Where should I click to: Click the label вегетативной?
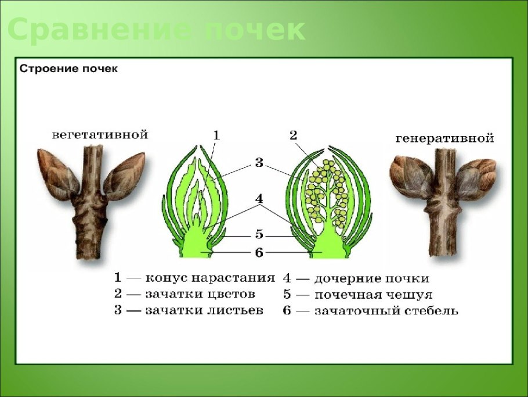(100, 134)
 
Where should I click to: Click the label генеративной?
(444, 138)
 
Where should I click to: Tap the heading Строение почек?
(69, 69)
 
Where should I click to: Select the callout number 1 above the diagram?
(216, 135)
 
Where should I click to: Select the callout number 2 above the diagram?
(293, 135)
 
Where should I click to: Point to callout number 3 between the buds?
(259, 163)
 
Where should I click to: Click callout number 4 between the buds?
(259, 199)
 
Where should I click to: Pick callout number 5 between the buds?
(259, 235)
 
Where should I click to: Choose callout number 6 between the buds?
(259, 252)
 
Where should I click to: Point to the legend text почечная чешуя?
(373, 295)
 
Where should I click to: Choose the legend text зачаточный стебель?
(386, 311)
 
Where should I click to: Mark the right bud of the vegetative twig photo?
(124, 175)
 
